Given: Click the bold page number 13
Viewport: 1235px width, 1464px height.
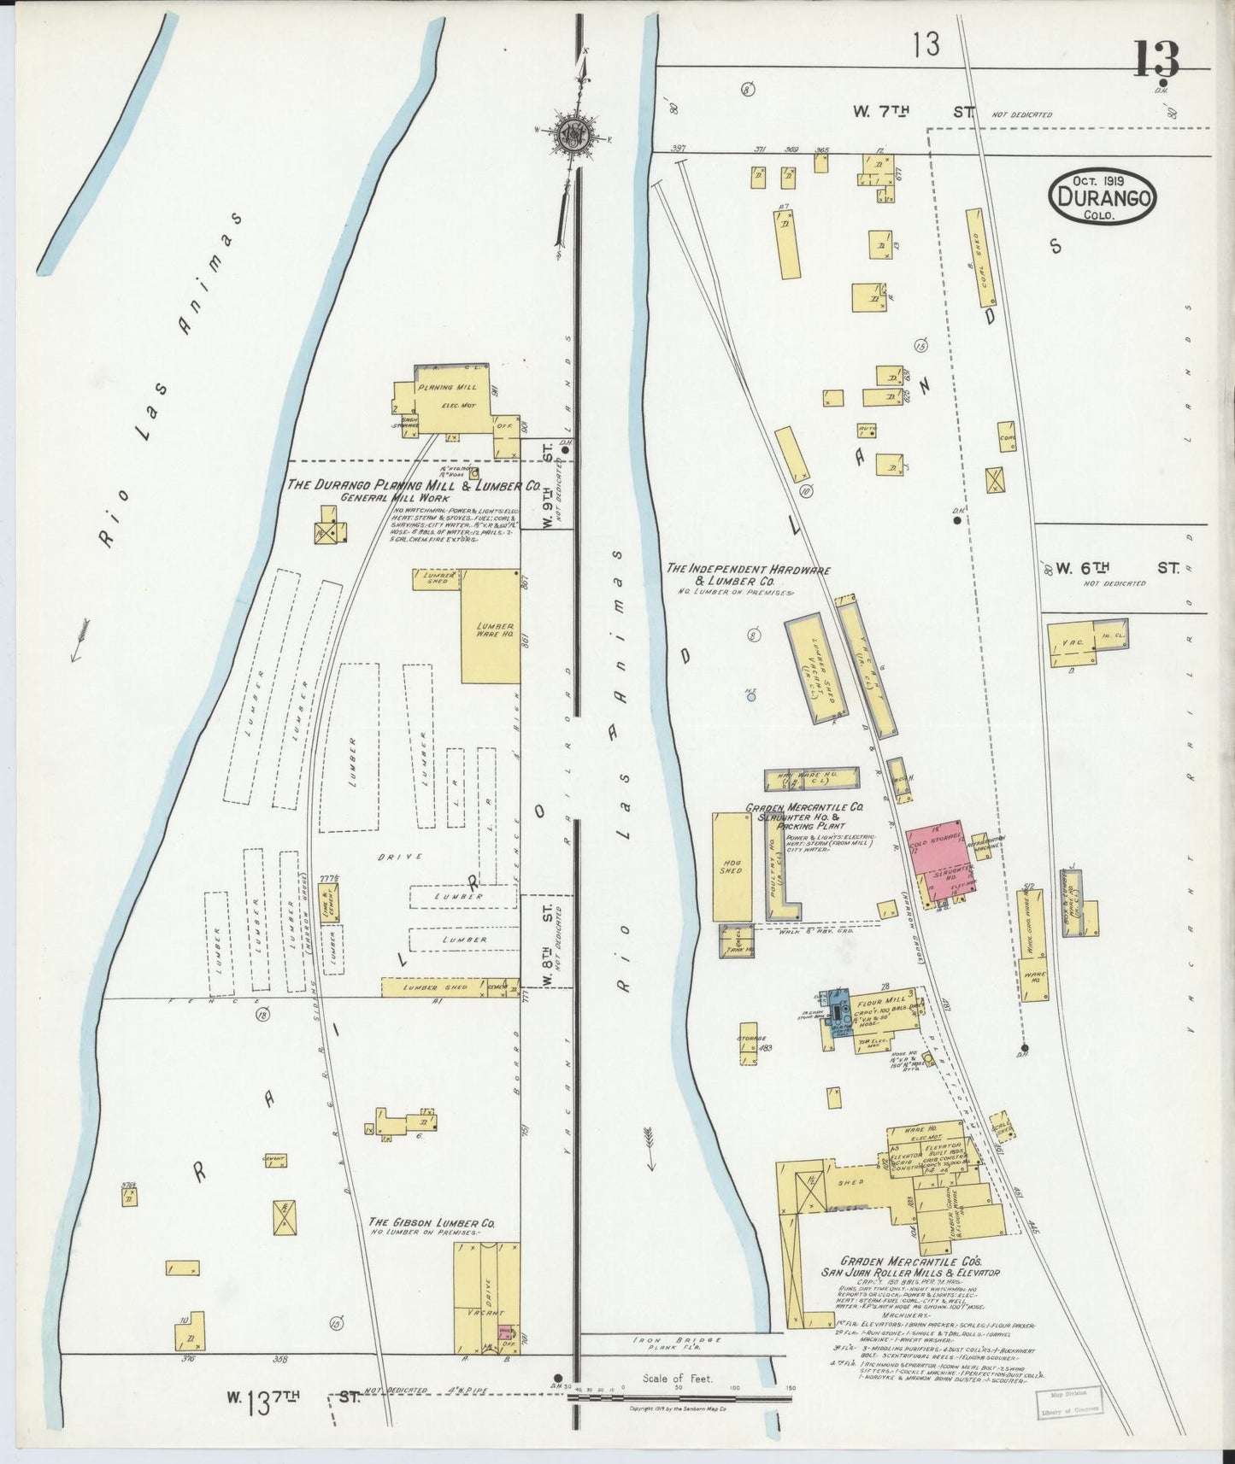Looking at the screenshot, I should pyautogui.click(x=1157, y=60).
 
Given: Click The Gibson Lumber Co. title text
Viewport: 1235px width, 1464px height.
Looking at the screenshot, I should pyautogui.click(x=432, y=1222).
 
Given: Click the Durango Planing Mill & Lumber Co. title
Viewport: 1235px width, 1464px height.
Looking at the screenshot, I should pyautogui.click(x=413, y=484).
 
